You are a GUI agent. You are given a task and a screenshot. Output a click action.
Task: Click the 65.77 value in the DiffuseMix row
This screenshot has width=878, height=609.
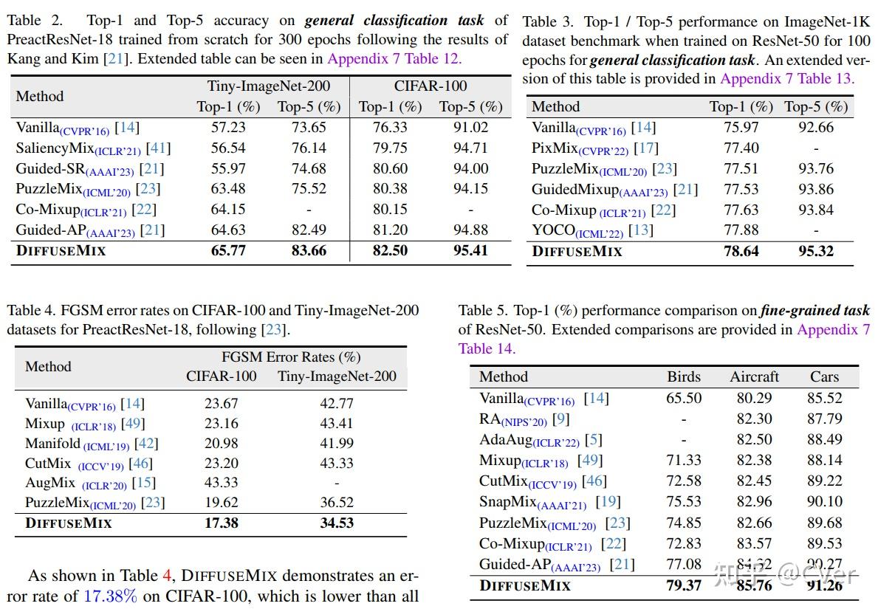point(228,251)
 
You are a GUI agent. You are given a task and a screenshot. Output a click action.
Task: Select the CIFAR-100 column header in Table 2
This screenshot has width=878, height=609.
point(430,86)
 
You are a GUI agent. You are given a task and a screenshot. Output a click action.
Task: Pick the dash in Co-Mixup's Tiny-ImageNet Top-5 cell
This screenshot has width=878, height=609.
point(309,210)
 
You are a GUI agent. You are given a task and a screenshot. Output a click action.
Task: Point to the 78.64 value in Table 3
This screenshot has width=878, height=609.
point(741,251)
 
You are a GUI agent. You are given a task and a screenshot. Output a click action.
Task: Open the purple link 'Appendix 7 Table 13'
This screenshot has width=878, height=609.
point(786,78)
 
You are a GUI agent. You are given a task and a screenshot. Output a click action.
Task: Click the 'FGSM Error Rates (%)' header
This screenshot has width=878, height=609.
point(291,357)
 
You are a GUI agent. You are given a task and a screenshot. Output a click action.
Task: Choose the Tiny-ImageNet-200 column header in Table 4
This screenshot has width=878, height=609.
point(337,376)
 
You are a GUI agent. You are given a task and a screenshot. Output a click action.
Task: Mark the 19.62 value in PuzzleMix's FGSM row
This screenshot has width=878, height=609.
point(222,503)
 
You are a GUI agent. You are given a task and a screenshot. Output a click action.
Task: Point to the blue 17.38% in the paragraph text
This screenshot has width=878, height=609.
point(109,596)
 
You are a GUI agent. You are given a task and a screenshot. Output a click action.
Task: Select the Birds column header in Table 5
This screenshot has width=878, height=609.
point(684,376)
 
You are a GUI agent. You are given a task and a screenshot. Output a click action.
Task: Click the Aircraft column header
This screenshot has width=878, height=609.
point(754,376)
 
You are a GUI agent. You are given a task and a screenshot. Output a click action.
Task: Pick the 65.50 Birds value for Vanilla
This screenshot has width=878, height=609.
point(684,399)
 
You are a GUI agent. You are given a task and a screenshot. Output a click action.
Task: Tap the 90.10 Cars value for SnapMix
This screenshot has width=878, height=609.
point(825,502)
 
